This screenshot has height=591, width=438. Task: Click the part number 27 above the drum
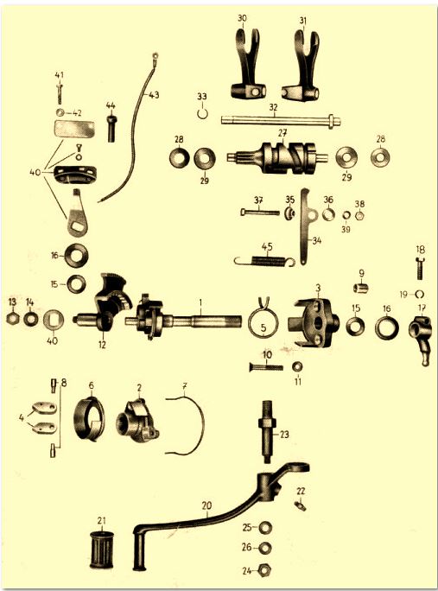click(282, 133)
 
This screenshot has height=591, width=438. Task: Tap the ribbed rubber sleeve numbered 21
click(102, 550)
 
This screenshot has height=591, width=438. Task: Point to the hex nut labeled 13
click(13, 319)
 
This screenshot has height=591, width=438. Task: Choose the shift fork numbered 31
click(302, 68)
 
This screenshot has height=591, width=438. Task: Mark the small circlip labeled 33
click(202, 113)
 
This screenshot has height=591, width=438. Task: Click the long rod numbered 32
click(281, 121)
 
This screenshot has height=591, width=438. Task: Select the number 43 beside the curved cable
click(154, 94)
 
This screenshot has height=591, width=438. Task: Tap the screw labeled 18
click(421, 268)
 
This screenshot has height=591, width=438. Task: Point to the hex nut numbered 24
click(266, 570)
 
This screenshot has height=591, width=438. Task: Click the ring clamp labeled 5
click(263, 320)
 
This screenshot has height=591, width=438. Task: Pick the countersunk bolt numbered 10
click(266, 366)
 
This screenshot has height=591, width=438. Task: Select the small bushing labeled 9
click(361, 289)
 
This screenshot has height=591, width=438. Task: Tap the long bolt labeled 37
click(260, 213)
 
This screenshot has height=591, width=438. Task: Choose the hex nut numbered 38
click(360, 216)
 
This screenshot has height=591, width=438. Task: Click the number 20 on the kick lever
click(206, 505)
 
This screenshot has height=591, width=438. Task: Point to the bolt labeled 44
click(111, 129)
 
